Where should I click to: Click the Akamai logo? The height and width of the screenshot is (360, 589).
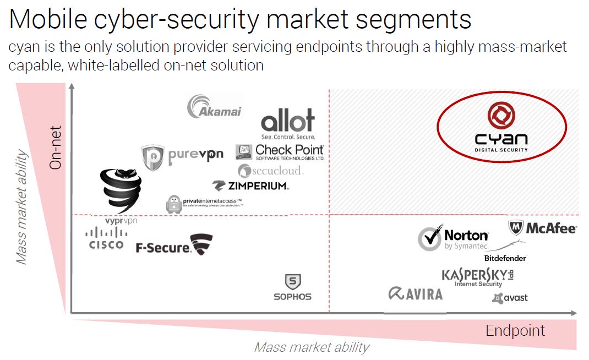click(215, 107)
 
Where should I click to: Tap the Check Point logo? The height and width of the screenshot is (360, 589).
click(280, 151)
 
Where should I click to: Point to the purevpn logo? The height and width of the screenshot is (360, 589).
click(182, 156)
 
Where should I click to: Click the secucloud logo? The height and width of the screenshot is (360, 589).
click(270, 171)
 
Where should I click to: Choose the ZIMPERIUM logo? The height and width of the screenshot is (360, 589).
click(250, 186)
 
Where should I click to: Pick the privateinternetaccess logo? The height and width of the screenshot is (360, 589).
click(204, 204)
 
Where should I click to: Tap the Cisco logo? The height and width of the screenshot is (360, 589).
click(106, 239)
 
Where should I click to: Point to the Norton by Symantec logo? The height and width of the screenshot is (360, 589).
click(453, 239)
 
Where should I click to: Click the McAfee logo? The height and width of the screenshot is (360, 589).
click(542, 228)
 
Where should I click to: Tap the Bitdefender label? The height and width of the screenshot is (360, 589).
click(505, 258)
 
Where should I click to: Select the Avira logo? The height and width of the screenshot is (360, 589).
click(415, 294)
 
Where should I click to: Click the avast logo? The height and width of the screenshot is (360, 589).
click(510, 298)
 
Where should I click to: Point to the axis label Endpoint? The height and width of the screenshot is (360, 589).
click(515, 330)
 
